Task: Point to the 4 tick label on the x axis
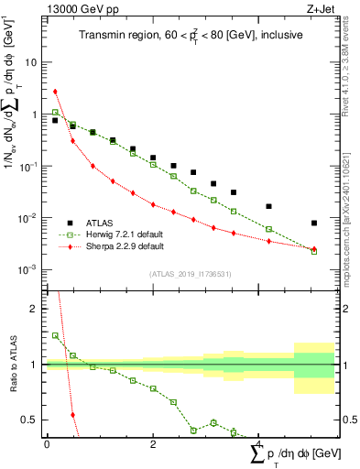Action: click(260, 444)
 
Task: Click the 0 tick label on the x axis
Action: click(47, 444)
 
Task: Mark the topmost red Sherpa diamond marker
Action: click(55, 92)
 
